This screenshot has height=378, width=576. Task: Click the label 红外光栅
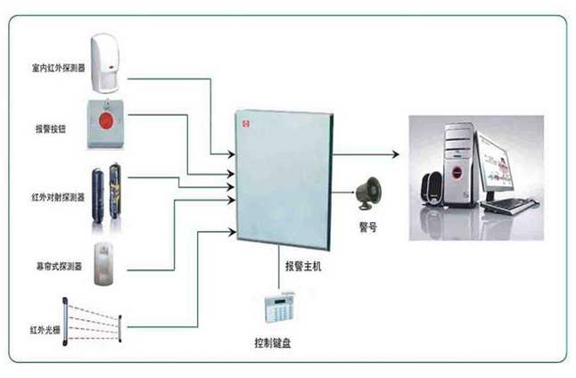44,330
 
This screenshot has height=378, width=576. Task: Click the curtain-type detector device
106,260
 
